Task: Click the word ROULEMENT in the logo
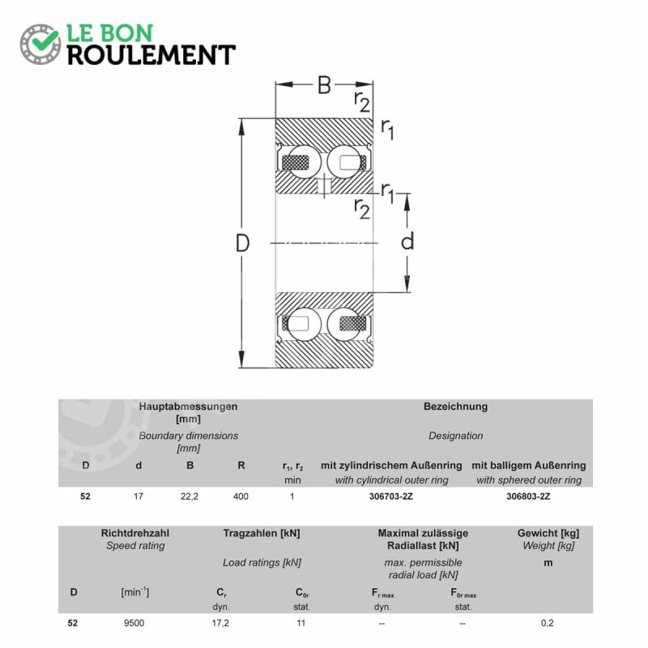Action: click(x=151, y=55)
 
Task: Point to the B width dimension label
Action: click(x=325, y=85)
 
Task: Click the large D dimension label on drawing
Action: click(x=242, y=243)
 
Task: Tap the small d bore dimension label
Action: click(x=407, y=241)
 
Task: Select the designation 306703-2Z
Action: click(x=391, y=497)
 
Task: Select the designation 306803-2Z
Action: click(x=529, y=497)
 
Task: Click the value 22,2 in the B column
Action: click(x=190, y=497)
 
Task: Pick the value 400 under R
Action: click(x=241, y=497)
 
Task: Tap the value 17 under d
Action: click(x=139, y=497)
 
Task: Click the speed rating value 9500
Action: click(x=134, y=623)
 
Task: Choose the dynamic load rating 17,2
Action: click(x=220, y=623)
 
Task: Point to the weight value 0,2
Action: click(x=548, y=623)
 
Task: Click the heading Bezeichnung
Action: click(x=455, y=407)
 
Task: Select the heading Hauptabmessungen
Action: click(x=188, y=407)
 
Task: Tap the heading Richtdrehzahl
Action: click(x=135, y=533)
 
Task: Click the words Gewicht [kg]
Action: click(x=548, y=533)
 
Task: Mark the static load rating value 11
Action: click(x=301, y=623)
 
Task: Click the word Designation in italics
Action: click(x=455, y=436)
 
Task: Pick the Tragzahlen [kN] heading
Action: click(x=262, y=533)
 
